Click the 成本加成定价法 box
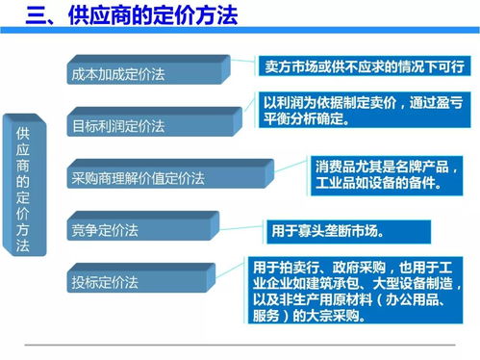144,73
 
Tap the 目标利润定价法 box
144,126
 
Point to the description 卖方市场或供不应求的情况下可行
364,67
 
